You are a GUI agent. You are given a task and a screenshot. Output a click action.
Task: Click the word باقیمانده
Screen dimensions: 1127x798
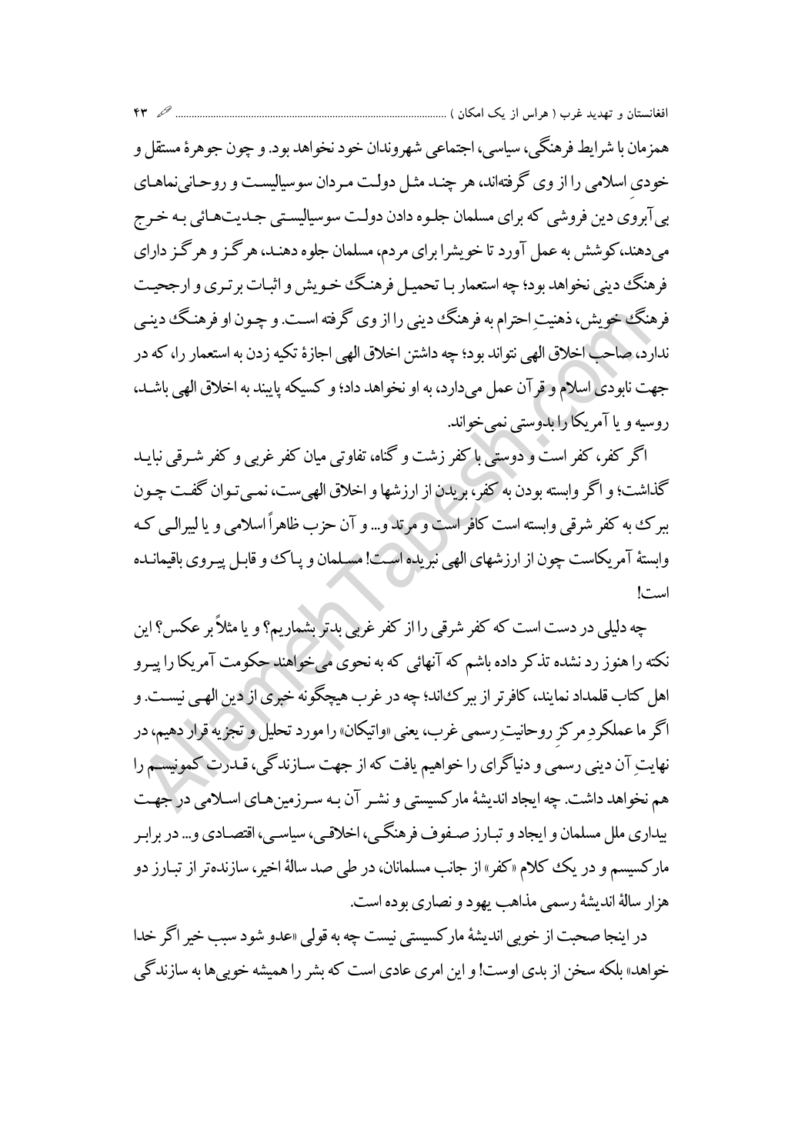162,536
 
